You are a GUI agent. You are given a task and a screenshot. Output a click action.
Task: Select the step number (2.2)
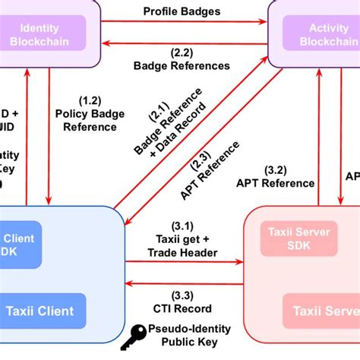coord(181,53)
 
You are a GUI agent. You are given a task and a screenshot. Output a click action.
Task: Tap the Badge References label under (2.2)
coord(182,65)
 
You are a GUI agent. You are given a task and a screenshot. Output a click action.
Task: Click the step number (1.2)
coord(90,100)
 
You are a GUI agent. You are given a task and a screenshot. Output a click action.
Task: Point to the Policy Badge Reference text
coord(90,120)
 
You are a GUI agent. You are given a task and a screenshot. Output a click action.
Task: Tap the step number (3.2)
coord(275,170)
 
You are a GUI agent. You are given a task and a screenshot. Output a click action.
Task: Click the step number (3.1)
coord(182,226)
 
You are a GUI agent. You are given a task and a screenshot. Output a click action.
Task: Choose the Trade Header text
coord(182,252)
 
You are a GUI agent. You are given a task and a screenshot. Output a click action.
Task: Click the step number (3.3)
coord(182,295)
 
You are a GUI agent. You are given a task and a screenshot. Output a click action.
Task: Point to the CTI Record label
coord(182,308)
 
